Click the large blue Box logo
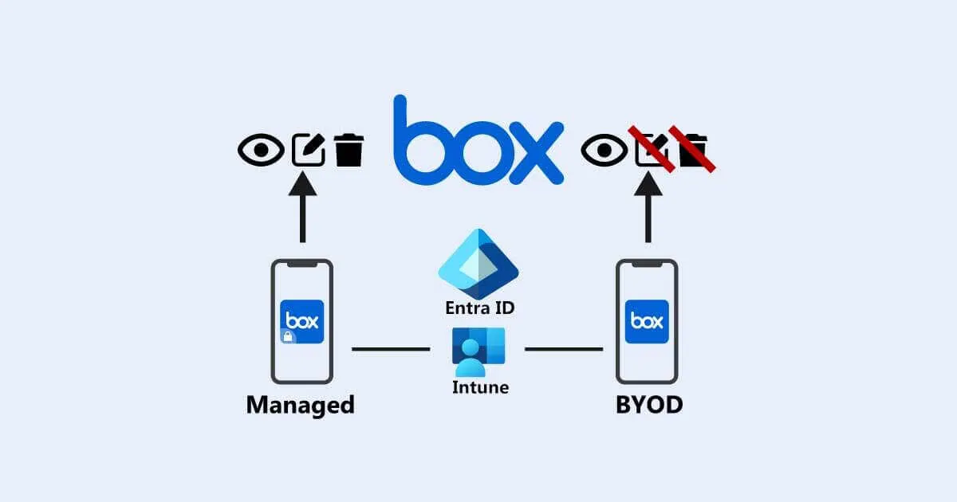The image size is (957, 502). (x=478, y=143)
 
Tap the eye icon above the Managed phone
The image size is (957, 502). (x=261, y=150)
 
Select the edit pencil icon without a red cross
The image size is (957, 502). (x=308, y=149)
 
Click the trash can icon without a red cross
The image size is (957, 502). (x=349, y=150)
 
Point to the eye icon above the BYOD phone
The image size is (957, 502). (x=605, y=150)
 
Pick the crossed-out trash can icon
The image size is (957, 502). (x=692, y=149)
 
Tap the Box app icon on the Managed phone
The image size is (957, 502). (x=302, y=321)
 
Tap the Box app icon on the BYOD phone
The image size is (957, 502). (x=647, y=321)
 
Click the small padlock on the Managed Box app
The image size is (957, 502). (x=287, y=338)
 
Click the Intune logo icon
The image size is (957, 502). (x=478, y=351)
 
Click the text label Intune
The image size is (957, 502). (x=478, y=388)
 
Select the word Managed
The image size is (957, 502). (x=300, y=405)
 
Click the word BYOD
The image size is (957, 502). (x=649, y=405)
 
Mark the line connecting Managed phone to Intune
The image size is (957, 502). (x=391, y=349)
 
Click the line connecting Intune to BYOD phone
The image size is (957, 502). (x=563, y=349)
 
